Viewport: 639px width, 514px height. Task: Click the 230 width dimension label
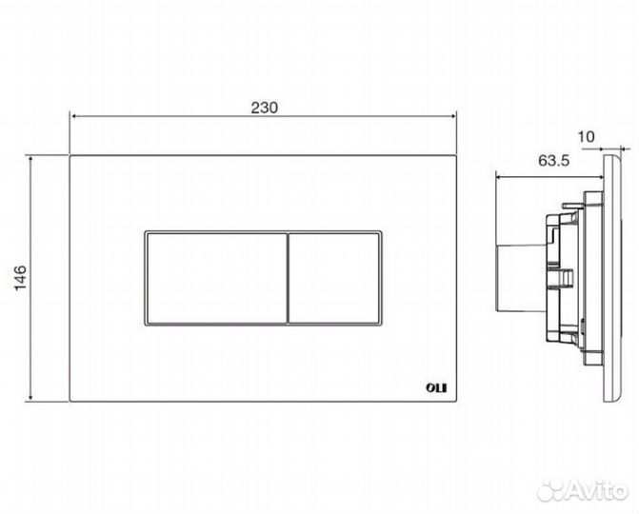(x=264, y=108)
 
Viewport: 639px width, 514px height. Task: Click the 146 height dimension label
(x=21, y=278)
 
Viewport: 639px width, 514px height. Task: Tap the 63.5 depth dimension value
(x=553, y=161)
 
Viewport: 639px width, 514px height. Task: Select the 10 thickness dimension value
(x=587, y=137)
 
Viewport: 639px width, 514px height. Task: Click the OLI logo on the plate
(x=436, y=387)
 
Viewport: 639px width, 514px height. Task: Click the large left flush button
(x=216, y=279)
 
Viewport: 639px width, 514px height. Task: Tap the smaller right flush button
(x=334, y=279)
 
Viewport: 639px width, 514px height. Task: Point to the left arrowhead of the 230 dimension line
(x=73, y=116)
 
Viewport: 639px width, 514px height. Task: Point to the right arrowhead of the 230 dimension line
(x=452, y=116)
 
